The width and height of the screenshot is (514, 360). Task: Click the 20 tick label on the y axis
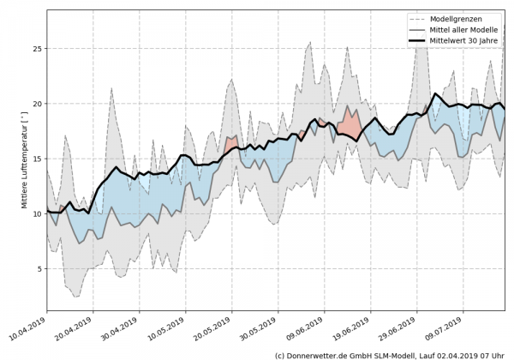(36, 104)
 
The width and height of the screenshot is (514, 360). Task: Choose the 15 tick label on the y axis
(36, 159)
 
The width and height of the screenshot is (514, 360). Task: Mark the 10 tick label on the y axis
(36, 213)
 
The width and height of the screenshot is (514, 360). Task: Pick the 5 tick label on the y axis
(39, 268)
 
